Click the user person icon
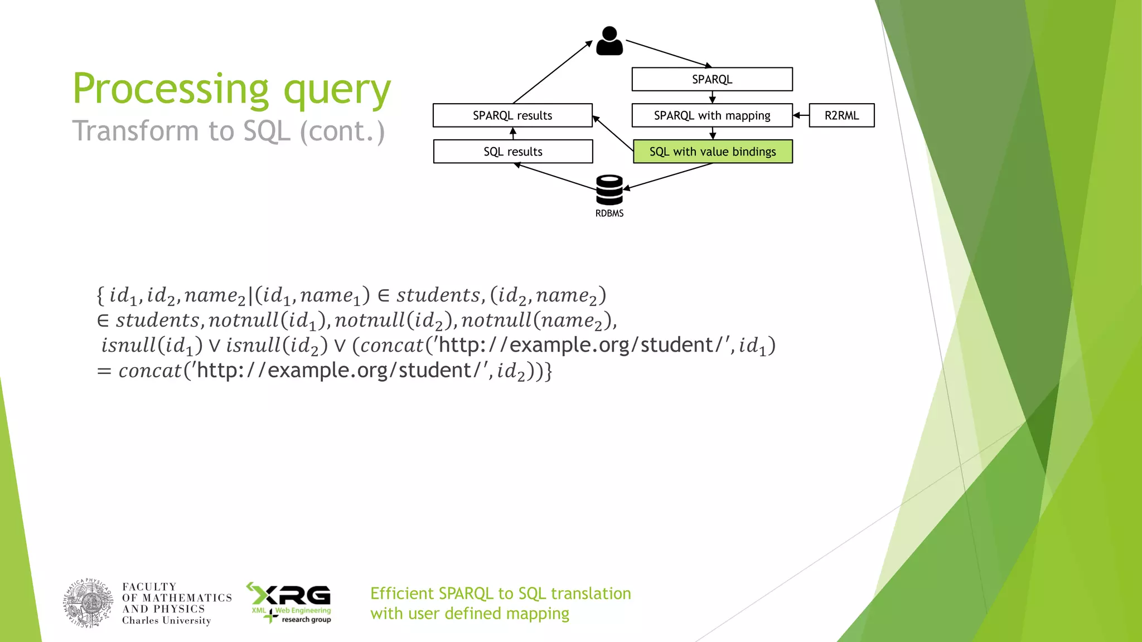[609, 41]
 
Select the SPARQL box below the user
[712, 79]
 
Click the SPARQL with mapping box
[712, 115]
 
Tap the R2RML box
[841, 115]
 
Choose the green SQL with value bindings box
[713, 152]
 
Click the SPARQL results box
[512, 115]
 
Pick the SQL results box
[512, 152]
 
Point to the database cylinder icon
[609, 189]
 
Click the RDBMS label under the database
[609, 213]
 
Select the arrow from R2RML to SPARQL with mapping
[801, 115]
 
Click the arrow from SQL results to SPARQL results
[513, 133]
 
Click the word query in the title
[337, 90]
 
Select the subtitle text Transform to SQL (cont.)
[229, 132]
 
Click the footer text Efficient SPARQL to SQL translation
[500, 594]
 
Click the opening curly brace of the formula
[100, 295]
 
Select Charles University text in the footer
[166, 620]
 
